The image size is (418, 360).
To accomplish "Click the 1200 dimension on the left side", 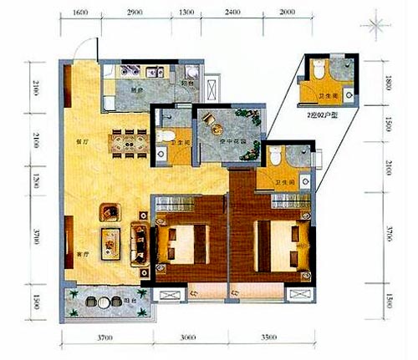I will [x=33, y=177].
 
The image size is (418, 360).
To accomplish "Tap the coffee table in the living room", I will [x=113, y=242].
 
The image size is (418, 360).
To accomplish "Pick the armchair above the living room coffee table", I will [x=109, y=211].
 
